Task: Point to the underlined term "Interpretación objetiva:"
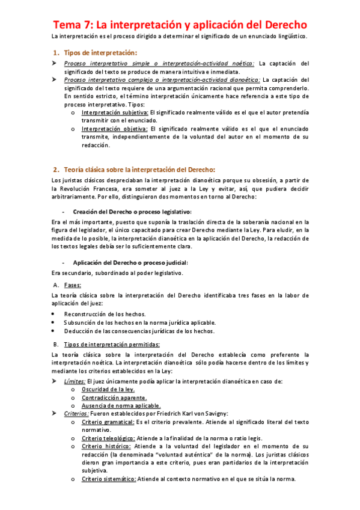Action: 114,128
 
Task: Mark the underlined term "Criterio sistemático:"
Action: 109,479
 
